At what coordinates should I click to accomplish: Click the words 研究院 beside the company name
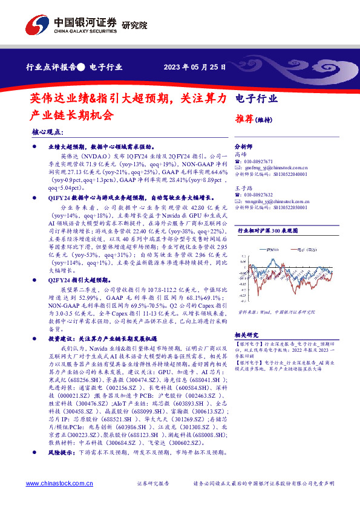(x=135, y=25)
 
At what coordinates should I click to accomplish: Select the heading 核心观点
(x=46, y=131)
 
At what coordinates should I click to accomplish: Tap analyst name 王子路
(x=243, y=189)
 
